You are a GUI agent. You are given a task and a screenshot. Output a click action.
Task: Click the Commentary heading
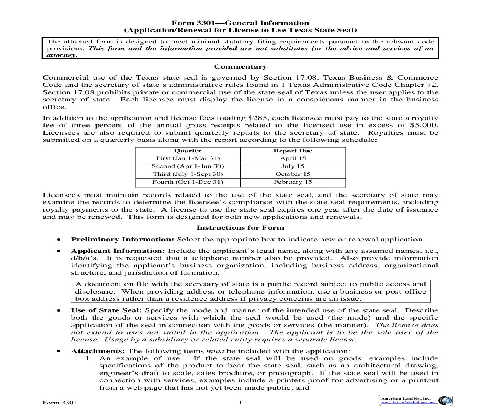point(240,67)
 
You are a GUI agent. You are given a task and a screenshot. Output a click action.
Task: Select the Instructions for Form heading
point(240,227)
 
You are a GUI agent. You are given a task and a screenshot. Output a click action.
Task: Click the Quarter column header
point(187,151)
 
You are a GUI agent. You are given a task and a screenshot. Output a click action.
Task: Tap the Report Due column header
point(293,151)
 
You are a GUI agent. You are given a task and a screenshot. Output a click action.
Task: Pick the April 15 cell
point(293,158)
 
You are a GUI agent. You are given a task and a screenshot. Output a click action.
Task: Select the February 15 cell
point(293,182)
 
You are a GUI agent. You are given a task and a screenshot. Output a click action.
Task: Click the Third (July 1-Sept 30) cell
point(187,174)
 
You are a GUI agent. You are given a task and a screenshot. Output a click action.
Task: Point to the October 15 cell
point(293,174)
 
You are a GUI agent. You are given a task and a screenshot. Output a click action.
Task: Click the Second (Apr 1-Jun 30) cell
point(187,166)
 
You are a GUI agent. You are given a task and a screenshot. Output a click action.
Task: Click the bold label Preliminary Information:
point(123,239)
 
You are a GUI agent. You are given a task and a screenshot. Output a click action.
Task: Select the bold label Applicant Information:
point(118,251)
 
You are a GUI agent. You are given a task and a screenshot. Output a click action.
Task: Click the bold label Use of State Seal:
point(106,310)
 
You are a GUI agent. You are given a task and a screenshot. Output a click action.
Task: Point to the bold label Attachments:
point(98,351)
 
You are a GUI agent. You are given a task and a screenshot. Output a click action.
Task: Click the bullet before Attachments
point(58,351)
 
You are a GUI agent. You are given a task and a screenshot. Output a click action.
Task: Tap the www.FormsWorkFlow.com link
point(408,402)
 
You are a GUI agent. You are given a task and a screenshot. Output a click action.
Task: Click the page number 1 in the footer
point(240,403)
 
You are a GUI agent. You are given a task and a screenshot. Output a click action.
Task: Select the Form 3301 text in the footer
point(60,403)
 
